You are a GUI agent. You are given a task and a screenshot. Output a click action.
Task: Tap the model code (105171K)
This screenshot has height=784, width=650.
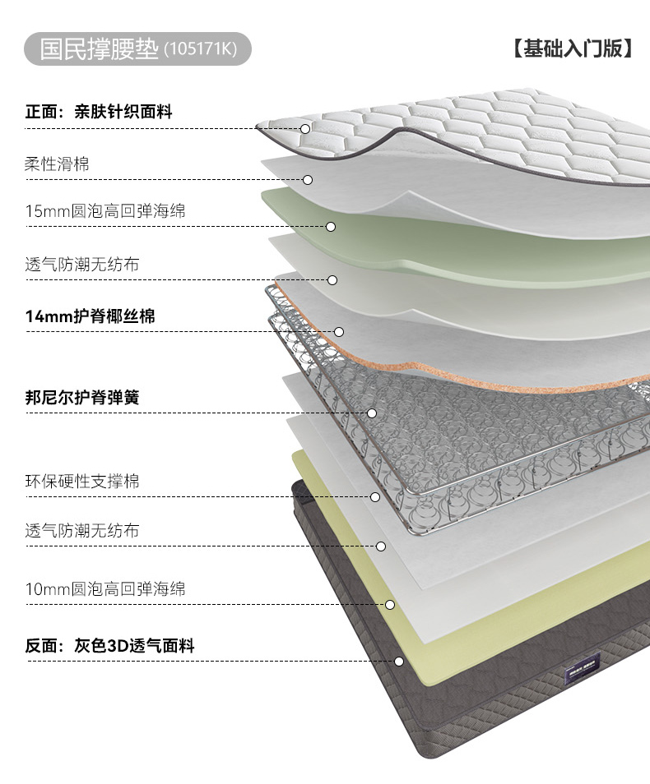pyautogui.click(x=200, y=50)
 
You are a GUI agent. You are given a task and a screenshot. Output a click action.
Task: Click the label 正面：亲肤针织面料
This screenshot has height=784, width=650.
pyautogui.click(x=99, y=112)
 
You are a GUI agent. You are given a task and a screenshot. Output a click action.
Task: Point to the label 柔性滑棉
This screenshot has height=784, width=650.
pyautogui.click(x=57, y=164)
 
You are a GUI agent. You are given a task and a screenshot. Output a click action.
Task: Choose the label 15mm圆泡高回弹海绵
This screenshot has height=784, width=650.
pyautogui.click(x=105, y=211)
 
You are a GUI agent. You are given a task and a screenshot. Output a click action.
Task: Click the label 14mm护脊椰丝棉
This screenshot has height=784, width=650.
pyautogui.click(x=90, y=316)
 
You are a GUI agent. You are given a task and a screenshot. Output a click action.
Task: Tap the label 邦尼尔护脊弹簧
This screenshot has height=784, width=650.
pyautogui.click(x=82, y=398)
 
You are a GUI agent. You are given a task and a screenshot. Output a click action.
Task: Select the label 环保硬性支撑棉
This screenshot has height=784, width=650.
pyautogui.click(x=82, y=482)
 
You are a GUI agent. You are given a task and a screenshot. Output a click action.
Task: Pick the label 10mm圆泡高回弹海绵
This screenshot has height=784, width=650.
pyautogui.click(x=105, y=589)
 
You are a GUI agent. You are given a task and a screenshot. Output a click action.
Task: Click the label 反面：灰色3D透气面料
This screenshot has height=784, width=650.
pyautogui.click(x=109, y=646)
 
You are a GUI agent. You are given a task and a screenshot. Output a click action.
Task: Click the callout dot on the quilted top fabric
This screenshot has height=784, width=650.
pyautogui.click(x=305, y=129)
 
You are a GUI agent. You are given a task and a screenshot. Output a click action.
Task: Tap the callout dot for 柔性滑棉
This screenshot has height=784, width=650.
pyautogui.click(x=308, y=180)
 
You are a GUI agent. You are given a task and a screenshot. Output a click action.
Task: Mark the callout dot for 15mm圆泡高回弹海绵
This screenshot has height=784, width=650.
pyautogui.click(x=331, y=227)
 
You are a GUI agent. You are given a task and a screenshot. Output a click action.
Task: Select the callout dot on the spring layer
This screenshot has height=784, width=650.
pyautogui.click(x=372, y=413)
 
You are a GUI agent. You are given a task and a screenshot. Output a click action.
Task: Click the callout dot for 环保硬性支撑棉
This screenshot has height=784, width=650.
pyautogui.click(x=375, y=497)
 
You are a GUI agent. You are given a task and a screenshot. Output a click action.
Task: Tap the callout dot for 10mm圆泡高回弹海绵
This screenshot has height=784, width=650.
pyautogui.click(x=390, y=605)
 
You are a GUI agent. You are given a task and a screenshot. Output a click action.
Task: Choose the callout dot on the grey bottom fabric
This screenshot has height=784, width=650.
pyautogui.click(x=399, y=662)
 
